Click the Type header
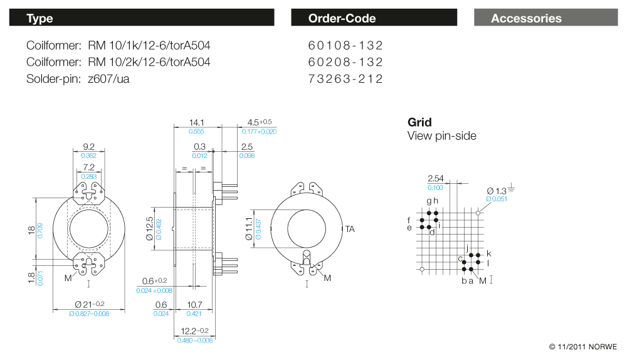tap(40, 18)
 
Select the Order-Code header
tap(342, 18)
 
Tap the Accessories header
tap(526, 18)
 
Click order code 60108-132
tap(345, 45)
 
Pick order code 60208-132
tap(345, 62)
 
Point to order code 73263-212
tap(345, 78)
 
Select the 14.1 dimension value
tap(197, 122)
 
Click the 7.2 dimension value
tap(88, 167)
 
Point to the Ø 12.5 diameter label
tap(149, 230)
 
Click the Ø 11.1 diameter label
tap(249, 230)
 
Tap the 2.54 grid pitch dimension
tap(435, 179)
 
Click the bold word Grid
tap(419, 122)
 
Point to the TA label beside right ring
tap(350, 230)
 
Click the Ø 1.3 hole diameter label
tap(497, 191)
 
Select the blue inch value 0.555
tap(197, 132)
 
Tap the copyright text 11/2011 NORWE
tap(582, 346)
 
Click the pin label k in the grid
tap(488, 253)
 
